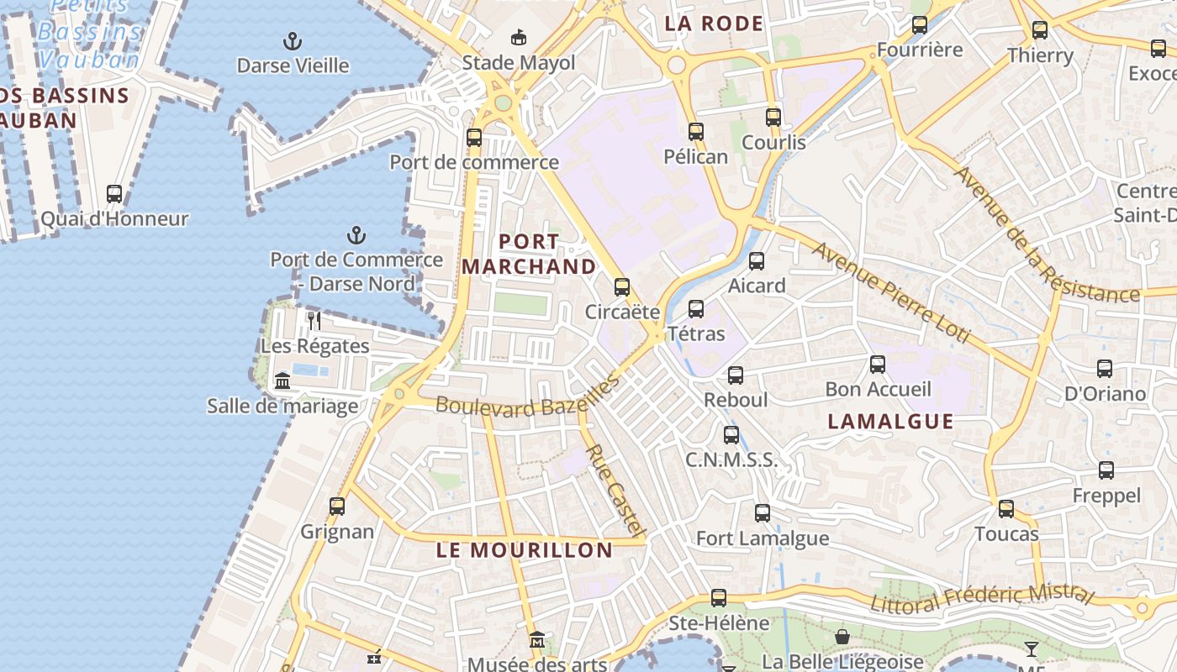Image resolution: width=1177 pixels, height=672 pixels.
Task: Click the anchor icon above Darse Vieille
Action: (293, 41)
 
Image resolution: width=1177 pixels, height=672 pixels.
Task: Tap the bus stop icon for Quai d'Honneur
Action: (114, 194)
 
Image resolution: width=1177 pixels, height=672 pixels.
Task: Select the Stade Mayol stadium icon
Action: (519, 38)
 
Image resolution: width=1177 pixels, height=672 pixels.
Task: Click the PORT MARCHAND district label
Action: (529, 254)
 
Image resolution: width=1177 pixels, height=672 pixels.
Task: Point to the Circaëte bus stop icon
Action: (622, 287)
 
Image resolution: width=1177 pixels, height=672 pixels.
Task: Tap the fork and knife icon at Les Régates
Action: (314, 320)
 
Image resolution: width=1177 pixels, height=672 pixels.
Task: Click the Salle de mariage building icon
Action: (282, 381)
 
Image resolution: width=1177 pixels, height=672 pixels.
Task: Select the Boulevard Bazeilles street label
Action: (527, 397)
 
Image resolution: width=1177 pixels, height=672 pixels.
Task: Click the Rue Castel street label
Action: (616, 491)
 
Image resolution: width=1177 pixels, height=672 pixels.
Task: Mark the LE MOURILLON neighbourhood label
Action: (525, 550)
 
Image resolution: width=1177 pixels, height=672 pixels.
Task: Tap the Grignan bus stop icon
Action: (337, 507)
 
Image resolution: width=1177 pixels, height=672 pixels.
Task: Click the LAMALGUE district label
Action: (891, 421)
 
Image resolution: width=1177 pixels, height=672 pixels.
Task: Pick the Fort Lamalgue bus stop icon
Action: (763, 513)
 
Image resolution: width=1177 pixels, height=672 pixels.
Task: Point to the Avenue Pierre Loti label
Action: (891, 294)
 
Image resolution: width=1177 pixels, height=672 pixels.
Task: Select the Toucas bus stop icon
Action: (1006, 509)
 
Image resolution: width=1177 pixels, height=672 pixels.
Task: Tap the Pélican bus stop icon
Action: (696, 132)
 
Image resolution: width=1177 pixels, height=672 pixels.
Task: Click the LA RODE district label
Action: (714, 24)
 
